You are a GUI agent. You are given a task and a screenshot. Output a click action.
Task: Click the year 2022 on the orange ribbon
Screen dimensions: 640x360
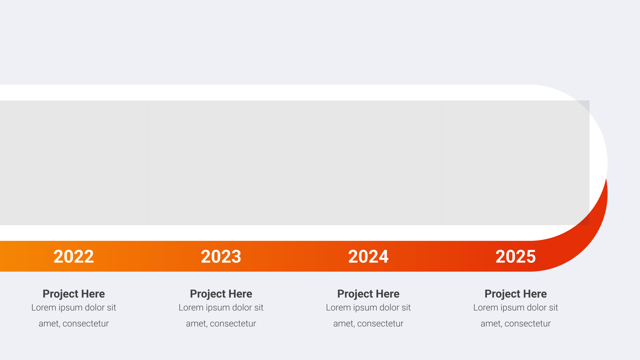[x=74, y=256]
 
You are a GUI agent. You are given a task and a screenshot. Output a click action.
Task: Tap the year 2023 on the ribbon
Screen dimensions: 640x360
[x=221, y=256]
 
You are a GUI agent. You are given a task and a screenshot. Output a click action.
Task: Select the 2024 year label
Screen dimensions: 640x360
[x=368, y=256]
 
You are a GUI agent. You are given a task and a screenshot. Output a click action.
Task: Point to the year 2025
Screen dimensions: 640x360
[x=516, y=256]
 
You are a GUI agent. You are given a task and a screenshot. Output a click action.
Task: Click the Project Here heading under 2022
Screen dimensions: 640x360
[x=74, y=294]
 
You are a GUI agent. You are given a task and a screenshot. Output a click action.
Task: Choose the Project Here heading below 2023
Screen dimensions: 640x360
[x=221, y=294]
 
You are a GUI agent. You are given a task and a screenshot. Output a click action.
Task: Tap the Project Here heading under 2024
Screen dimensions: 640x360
[x=368, y=294]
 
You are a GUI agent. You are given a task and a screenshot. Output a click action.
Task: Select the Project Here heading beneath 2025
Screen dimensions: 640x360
[x=516, y=294]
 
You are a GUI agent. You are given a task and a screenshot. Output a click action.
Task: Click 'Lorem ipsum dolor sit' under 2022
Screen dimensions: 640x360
[x=74, y=308]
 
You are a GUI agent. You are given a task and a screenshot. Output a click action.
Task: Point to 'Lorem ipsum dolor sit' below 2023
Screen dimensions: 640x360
[x=221, y=308]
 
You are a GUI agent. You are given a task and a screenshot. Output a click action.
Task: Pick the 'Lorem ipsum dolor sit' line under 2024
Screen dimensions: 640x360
[x=368, y=308]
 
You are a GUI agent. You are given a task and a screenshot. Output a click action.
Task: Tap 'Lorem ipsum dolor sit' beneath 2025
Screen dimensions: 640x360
[x=516, y=308]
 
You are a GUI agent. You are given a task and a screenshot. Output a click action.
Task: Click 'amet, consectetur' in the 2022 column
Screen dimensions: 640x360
[x=74, y=324]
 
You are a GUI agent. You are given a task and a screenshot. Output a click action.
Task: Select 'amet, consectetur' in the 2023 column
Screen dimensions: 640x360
[x=221, y=324]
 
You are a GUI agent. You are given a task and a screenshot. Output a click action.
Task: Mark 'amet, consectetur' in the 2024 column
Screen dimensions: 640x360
[x=368, y=324]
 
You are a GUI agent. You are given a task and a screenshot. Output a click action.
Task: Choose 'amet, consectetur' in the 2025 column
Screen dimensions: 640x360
[x=516, y=324]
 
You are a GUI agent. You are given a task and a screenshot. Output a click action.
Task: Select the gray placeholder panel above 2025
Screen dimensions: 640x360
[x=516, y=162]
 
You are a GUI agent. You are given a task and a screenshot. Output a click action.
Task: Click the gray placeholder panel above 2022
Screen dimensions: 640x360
[x=74, y=162]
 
